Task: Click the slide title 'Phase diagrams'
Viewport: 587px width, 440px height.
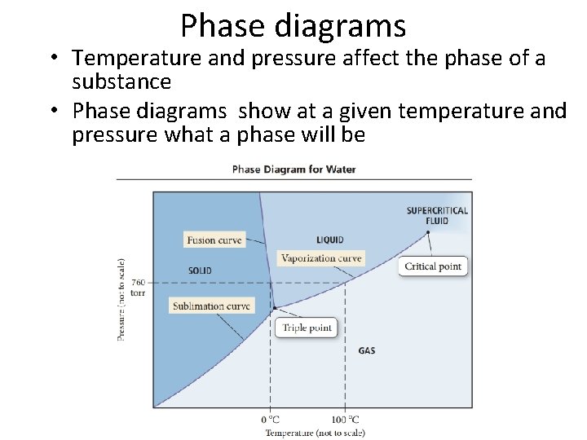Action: (x=293, y=25)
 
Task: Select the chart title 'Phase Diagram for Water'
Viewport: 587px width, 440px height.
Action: (x=293, y=169)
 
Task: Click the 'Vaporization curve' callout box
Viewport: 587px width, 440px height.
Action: (x=320, y=258)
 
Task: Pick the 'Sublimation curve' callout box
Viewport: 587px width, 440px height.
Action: (x=212, y=306)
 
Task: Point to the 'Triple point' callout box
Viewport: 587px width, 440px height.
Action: (x=307, y=328)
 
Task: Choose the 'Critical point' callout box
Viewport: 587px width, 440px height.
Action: (x=433, y=266)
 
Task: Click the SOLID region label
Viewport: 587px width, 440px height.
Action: (x=199, y=271)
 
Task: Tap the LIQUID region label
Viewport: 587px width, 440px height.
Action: (x=329, y=240)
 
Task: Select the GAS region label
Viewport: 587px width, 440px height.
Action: (x=367, y=351)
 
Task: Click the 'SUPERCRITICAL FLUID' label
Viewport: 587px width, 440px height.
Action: (x=437, y=215)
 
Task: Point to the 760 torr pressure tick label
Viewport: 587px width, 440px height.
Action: (x=138, y=288)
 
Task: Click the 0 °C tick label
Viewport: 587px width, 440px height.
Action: (x=269, y=420)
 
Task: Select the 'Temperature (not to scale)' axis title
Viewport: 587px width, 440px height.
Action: (x=315, y=432)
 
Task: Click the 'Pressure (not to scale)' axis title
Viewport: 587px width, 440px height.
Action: (x=121, y=300)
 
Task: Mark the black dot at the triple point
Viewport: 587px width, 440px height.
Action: (x=274, y=308)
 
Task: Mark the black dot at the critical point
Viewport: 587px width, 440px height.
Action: (x=427, y=232)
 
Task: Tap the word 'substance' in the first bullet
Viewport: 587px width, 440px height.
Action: (x=121, y=82)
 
